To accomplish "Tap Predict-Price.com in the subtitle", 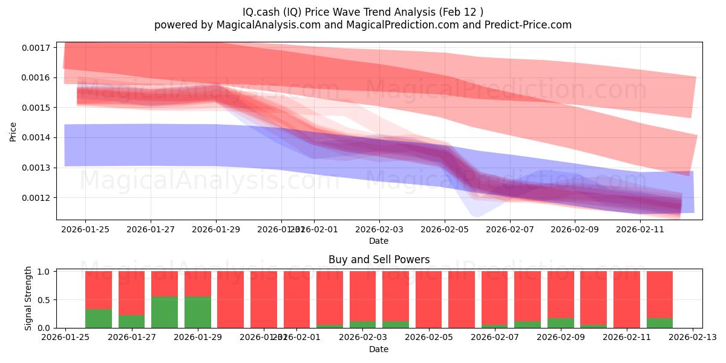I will click(535, 25).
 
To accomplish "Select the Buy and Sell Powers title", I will click(379, 260).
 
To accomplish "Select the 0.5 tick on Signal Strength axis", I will click(45, 300).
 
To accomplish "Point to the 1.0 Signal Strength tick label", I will click(45, 272).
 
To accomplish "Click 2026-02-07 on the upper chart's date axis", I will click(510, 229).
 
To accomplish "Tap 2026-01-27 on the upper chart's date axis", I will click(151, 229).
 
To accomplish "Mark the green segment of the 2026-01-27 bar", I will click(131, 321).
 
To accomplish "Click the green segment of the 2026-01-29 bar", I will click(197, 312).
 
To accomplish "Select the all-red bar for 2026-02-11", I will click(626, 299).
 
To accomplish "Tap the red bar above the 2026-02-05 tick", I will click(428, 299).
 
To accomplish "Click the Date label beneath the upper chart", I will click(379, 241).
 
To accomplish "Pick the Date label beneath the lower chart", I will click(379, 349).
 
